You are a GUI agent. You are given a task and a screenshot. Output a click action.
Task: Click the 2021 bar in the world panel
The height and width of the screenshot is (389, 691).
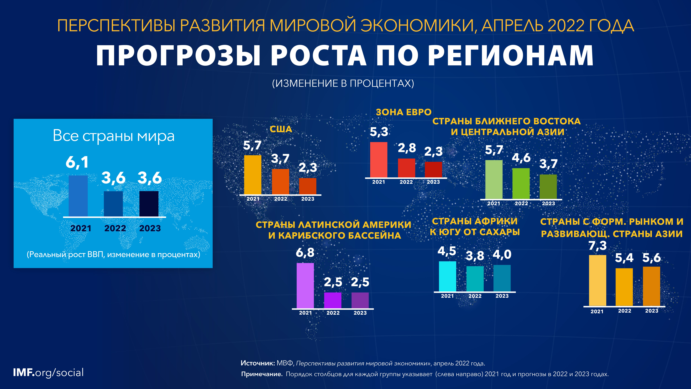(x=78, y=196)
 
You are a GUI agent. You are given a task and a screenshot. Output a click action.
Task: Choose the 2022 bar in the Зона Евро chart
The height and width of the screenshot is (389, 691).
(x=406, y=168)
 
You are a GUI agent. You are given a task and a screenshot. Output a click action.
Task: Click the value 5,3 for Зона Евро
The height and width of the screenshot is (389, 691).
(x=379, y=132)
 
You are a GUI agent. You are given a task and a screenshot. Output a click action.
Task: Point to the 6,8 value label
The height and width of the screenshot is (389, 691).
(x=305, y=253)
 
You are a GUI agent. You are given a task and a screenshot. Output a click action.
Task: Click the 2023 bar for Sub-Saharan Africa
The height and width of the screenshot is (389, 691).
(x=502, y=278)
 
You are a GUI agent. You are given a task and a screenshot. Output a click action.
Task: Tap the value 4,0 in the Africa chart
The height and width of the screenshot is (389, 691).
(x=502, y=254)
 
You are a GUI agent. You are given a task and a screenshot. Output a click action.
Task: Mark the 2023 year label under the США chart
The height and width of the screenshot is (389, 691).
(x=308, y=199)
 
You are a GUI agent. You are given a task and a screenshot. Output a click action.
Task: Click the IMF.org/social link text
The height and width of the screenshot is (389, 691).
(x=48, y=373)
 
